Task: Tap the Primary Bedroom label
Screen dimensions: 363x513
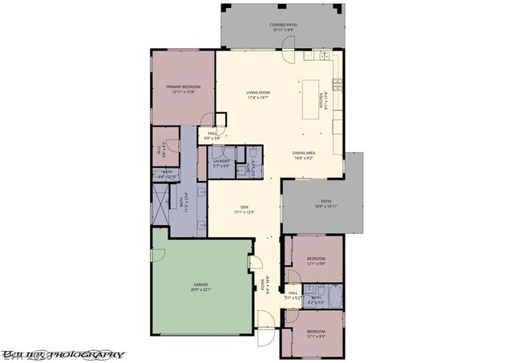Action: pyautogui.click(x=183, y=88)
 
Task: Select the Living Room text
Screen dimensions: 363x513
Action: pyautogui.click(x=257, y=95)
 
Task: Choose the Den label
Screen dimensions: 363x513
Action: pyautogui.click(x=244, y=210)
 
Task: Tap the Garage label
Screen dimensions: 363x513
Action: pyautogui.click(x=200, y=287)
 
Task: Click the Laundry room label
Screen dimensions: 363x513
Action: pyautogui.click(x=221, y=163)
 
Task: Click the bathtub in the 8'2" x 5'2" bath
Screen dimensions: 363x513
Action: pyautogui.click(x=334, y=296)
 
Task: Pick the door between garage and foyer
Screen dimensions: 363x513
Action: pyautogui.click(x=256, y=264)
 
